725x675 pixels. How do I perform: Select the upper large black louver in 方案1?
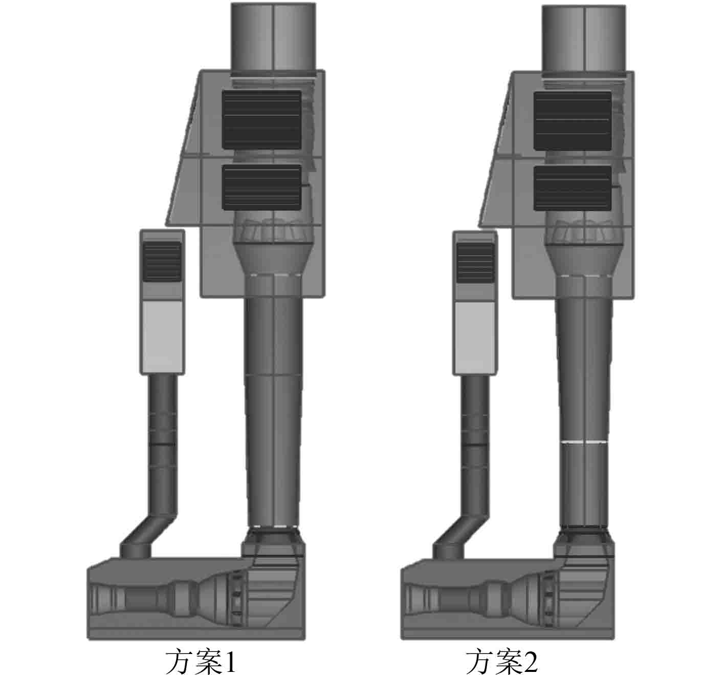point(262,120)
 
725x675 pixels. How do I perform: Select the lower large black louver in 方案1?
point(262,187)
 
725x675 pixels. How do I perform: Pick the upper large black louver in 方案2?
point(573,121)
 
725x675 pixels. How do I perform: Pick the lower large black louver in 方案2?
point(573,189)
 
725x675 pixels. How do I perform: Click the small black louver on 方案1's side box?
point(162,261)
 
